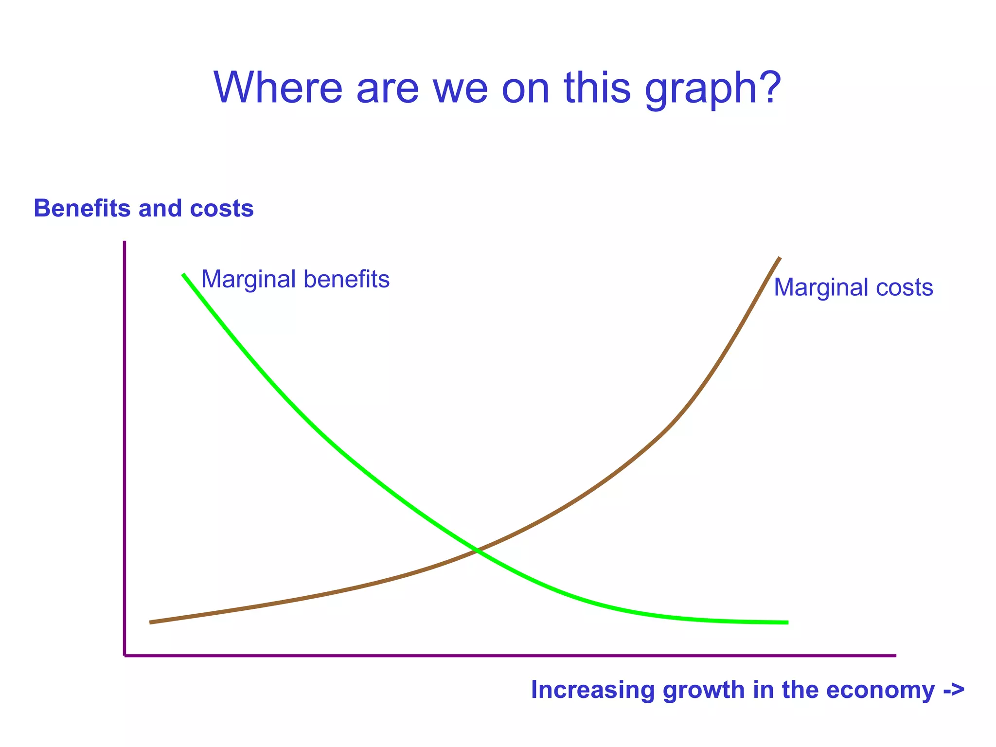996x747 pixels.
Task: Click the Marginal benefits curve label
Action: [x=295, y=280]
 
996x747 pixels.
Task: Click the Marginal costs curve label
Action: [x=853, y=287]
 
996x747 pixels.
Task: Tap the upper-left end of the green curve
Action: [x=183, y=275]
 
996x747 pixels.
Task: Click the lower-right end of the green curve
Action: [x=787, y=622]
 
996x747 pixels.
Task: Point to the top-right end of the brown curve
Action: [x=780, y=258]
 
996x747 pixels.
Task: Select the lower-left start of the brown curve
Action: [x=151, y=622]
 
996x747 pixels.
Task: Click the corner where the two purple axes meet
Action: [x=125, y=656]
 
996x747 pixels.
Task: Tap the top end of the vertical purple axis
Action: [x=124, y=242]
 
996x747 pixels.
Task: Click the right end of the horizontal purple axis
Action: [x=895, y=656]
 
